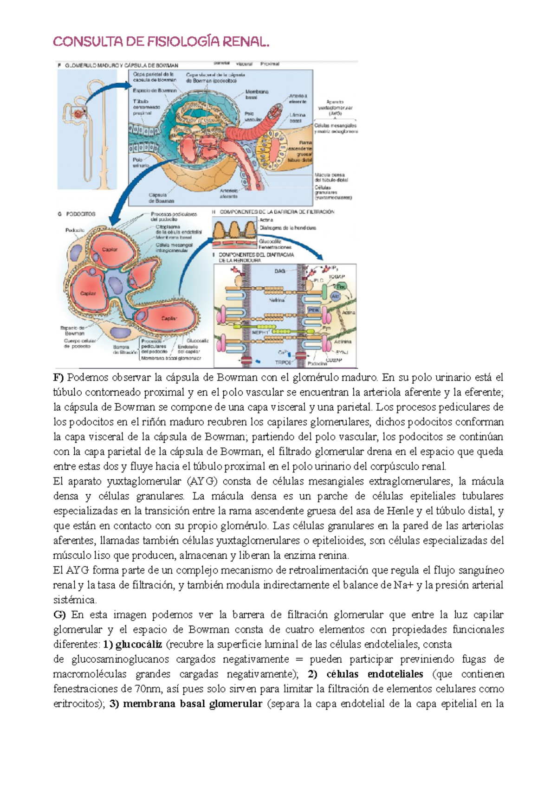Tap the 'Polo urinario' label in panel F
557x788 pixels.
pyautogui.click(x=141, y=162)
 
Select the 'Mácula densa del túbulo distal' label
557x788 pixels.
pyautogui.click(x=331, y=177)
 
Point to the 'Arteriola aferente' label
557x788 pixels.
pyautogui.click(x=229, y=193)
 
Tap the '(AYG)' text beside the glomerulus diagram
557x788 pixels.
pyautogui.click(x=335, y=113)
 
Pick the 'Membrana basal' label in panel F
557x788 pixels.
pyautogui.click(x=257, y=95)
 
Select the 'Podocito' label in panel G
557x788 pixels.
pyautogui.click(x=75, y=230)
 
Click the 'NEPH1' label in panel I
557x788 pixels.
pyautogui.click(x=260, y=332)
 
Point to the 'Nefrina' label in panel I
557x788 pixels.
pyautogui.click(x=277, y=300)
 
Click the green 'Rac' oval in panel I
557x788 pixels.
pyautogui.click(x=341, y=287)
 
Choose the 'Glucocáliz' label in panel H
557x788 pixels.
pyautogui.click(x=270, y=241)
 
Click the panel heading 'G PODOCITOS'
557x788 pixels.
pyautogui.click(x=77, y=214)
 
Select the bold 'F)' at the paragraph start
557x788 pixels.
pyautogui.click(x=58, y=377)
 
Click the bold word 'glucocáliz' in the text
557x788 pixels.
pyautogui.click(x=139, y=644)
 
